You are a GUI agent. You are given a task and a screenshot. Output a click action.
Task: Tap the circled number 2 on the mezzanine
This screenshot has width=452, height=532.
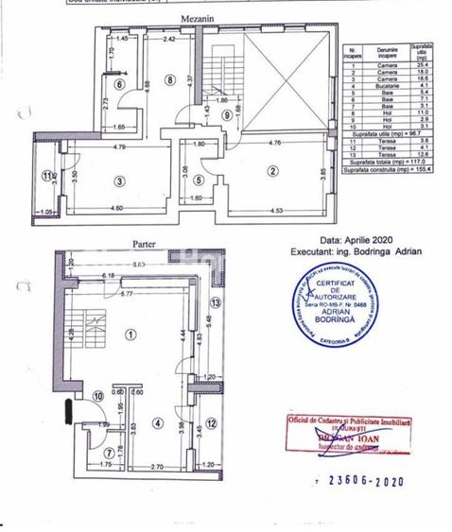coord(272,171)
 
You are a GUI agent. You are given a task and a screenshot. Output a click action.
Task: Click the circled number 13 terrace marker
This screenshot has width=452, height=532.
coord(216,302)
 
